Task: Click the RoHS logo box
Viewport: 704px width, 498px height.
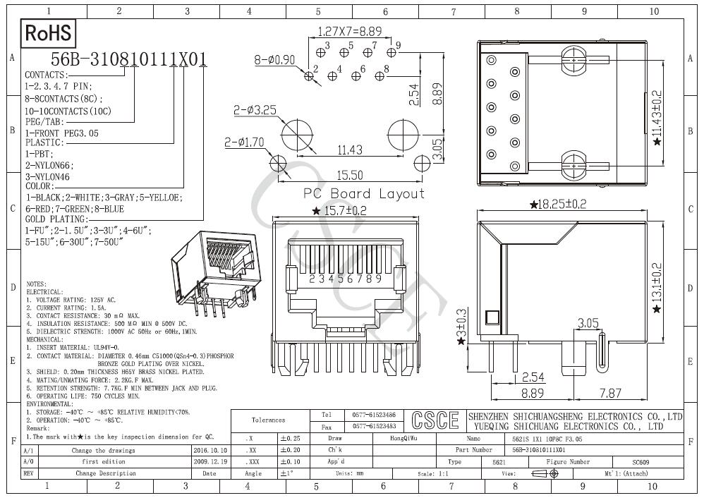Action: click(49, 32)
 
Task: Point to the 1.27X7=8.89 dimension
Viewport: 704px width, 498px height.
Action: click(350, 32)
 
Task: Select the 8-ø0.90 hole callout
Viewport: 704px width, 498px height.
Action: click(274, 60)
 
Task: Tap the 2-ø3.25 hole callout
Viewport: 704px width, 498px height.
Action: click(255, 110)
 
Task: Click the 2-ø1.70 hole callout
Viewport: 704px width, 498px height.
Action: click(244, 142)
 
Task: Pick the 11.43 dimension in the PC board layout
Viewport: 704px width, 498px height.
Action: click(350, 150)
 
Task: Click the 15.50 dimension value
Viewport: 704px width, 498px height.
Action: click(350, 175)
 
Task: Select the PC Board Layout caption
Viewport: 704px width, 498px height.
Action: click(364, 193)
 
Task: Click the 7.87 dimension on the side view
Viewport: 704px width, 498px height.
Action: click(609, 392)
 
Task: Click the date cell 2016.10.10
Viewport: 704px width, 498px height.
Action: click(210, 450)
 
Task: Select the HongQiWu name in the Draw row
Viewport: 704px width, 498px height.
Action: click(403, 438)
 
